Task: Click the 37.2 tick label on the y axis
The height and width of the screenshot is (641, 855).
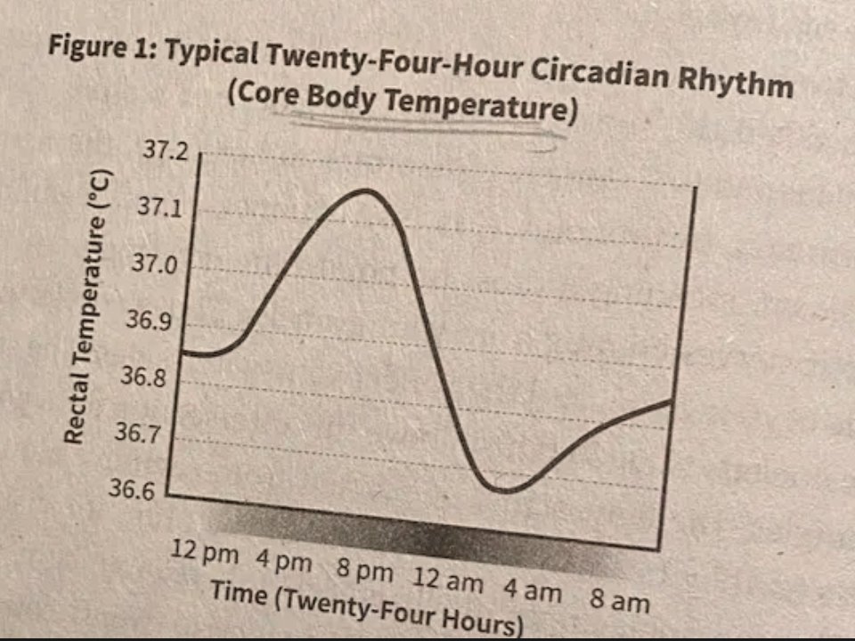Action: pos(166,151)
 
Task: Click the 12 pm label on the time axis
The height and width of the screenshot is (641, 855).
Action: pos(204,552)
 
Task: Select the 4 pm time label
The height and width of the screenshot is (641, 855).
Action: pos(284,561)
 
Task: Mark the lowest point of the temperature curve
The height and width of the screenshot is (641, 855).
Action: pos(504,490)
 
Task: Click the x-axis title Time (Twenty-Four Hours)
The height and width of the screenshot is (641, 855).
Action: pos(365,606)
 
